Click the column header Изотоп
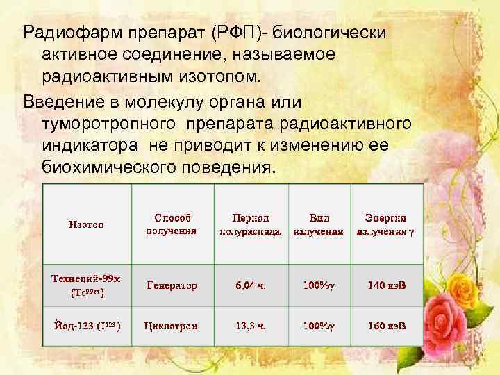click(x=86, y=224)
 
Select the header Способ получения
click(x=172, y=224)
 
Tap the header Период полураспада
click(x=250, y=224)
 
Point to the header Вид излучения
click(x=319, y=224)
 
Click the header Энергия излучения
click(x=385, y=224)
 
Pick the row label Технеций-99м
click(x=86, y=285)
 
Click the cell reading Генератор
click(x=172, y=285)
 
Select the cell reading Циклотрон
click(x=172, y=325)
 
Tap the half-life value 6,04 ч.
click(x=251, y=285)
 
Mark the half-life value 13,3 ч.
click(x=251, y=325)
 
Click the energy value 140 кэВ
click(x=387, y=285)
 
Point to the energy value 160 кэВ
click(x=387, y=325)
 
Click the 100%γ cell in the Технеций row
click(x=319, y=285)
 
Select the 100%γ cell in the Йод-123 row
click(x=319, y=325)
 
